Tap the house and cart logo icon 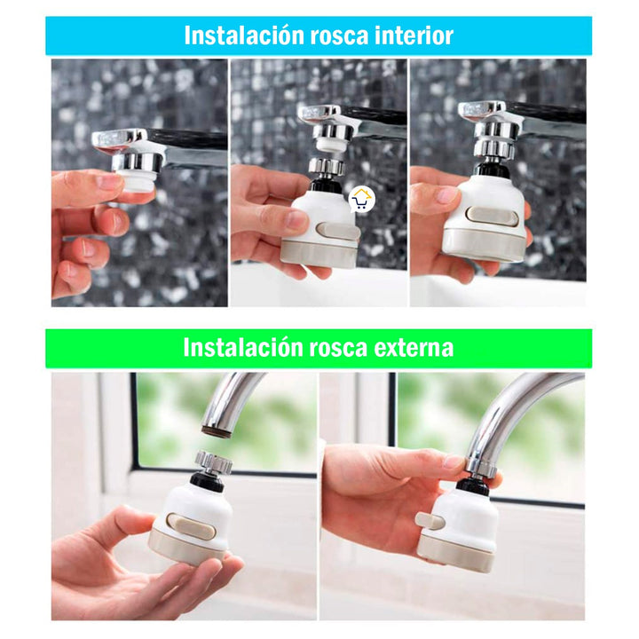point(360,199)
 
